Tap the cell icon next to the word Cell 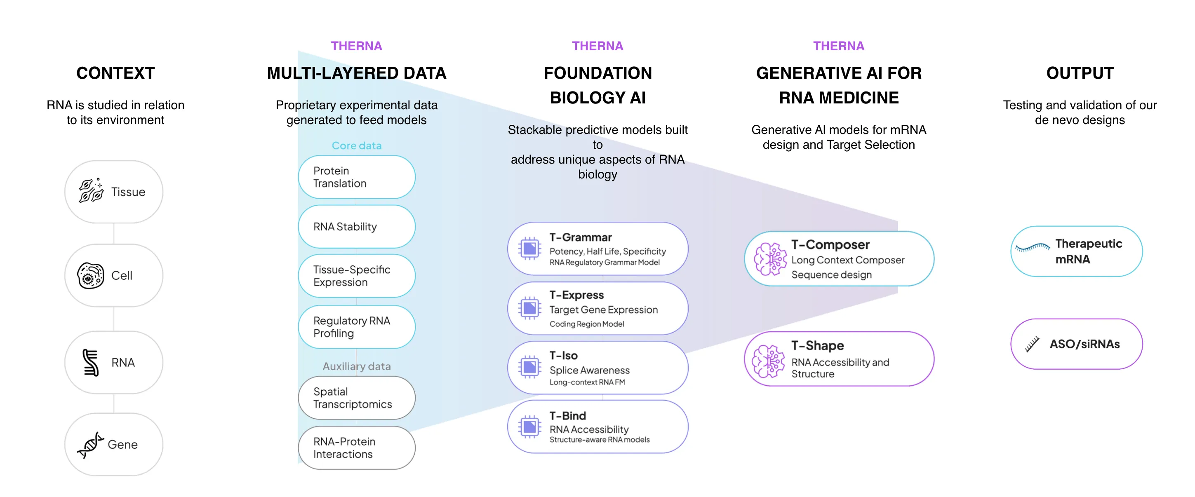click(90, 276)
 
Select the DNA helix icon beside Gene click(90, 445)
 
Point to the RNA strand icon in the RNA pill click(90, 363)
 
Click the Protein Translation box click(356, 177)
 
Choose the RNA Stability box click(356, 227)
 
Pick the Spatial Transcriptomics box click(356, 398)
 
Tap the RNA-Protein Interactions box click(356, 448)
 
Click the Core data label click(357, 145)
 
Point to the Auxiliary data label click(357, 366)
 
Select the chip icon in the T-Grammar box click(530, 249)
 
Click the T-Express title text click(576, 295)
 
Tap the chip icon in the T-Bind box click(530, 427)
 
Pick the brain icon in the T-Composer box click(771, 259)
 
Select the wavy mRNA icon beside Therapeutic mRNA click(1032, 248)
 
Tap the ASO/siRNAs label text click(1084, 344)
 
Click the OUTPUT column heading click(1080, 73)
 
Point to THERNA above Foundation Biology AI click(597, 46)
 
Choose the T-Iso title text click(564, 356)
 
